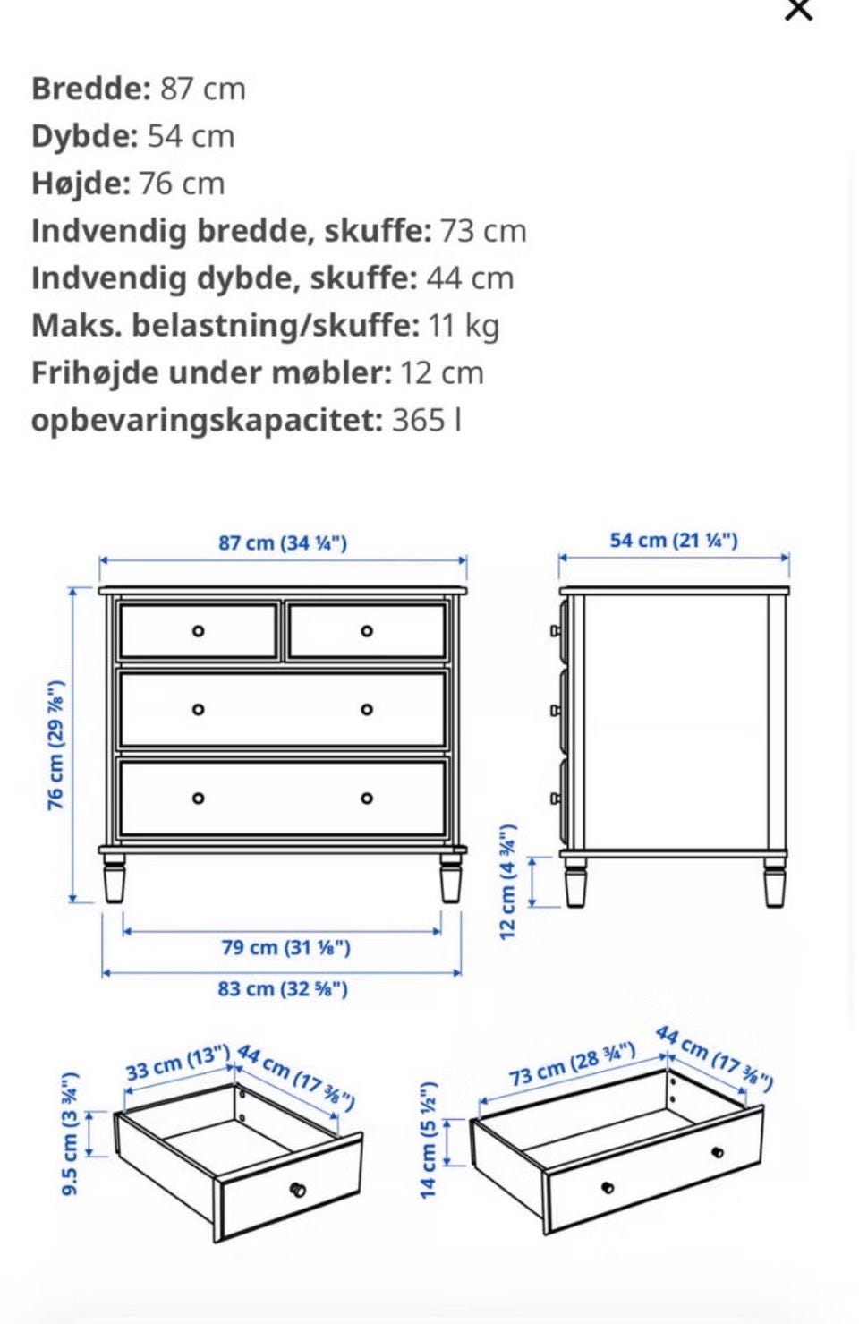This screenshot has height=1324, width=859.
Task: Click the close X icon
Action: pos(798,10)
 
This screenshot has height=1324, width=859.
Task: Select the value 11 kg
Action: pos(464,326)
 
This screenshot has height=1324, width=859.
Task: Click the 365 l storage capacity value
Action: pos(427,420)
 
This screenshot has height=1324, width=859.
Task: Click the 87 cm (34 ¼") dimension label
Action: pos(283,542)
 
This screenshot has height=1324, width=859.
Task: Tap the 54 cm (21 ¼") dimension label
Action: pos(674,540)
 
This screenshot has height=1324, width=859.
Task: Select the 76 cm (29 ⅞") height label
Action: pos(55,746)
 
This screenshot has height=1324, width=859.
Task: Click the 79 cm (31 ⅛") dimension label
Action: pos(286,947)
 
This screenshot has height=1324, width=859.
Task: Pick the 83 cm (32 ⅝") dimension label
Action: pos(283,988)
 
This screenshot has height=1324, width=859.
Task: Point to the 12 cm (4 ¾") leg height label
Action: pos(506,880)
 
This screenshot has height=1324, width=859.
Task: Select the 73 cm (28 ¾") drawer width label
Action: pos(573,1063)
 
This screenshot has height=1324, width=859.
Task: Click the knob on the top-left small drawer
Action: pos(199,631)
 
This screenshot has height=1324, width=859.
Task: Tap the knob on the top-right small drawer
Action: pos(367,631)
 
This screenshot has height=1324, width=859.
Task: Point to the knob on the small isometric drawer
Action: pos(298,1189)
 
